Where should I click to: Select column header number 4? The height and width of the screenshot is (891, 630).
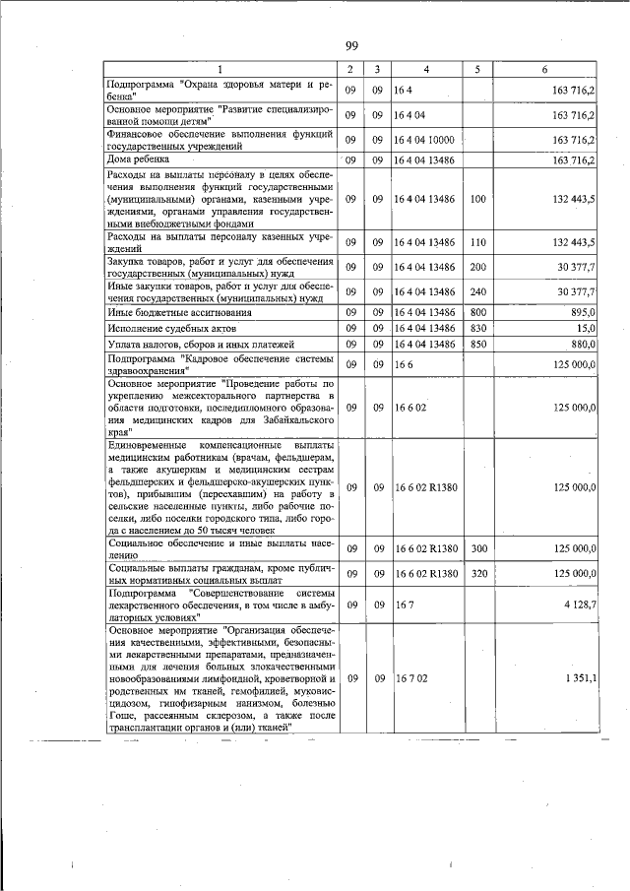pyautogui.click(x=426, y=69)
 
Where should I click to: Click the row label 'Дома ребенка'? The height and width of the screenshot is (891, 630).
pyautogui.click(x=139, y=159)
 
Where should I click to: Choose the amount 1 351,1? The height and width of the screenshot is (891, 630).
pyautogui.click(x=577, y=678)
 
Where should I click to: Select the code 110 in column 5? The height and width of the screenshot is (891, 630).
pyautogui.click(x=478, y=242)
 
